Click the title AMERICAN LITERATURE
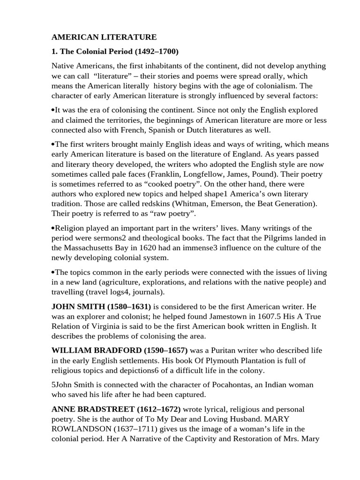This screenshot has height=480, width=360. pyautogui.click(x=104, y=37)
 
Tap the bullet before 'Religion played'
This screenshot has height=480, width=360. pyautogui.click(x=53, y=228)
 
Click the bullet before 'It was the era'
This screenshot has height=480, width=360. pyautogui.click(x=53, y=110)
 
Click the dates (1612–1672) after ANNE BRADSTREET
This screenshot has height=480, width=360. pyautogui.click(x=154, y=409)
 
